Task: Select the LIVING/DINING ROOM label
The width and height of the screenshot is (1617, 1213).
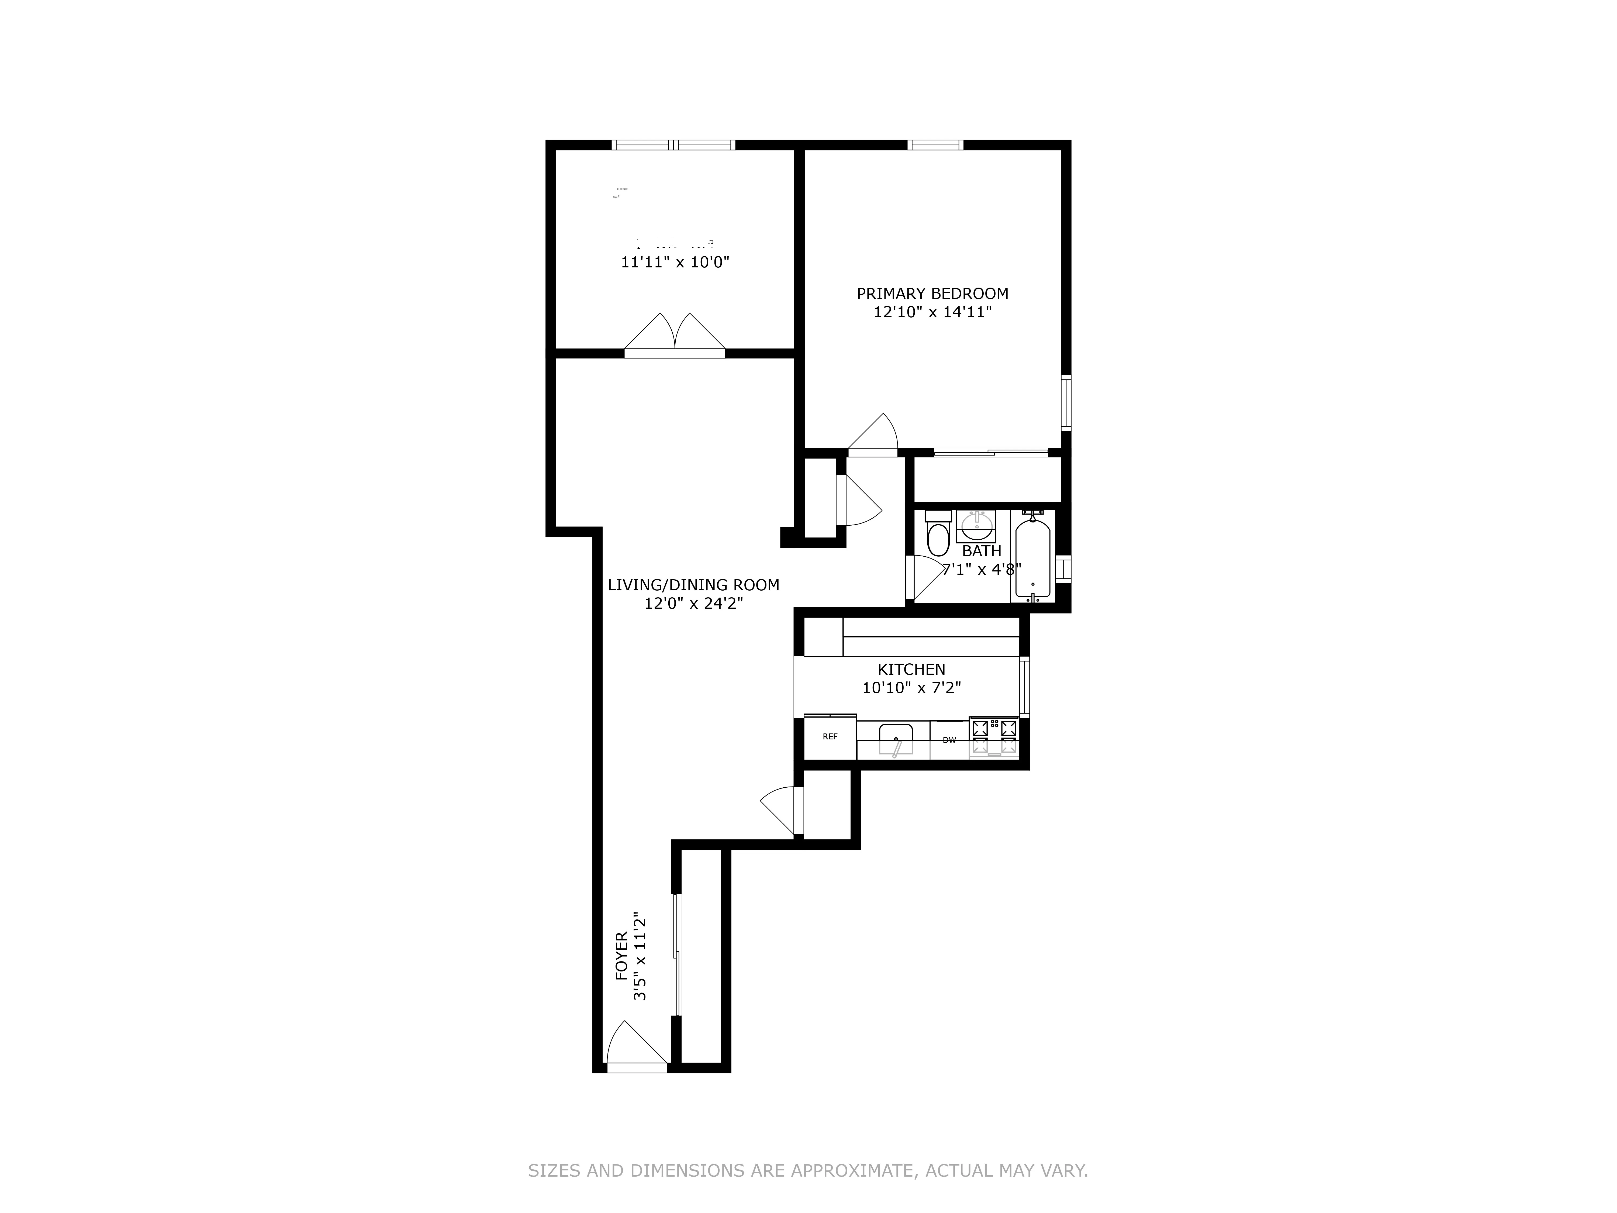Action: coord(693,585)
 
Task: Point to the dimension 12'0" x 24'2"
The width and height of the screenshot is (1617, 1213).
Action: coord(693,604)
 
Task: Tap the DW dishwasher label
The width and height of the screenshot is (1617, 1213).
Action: coord(949,740)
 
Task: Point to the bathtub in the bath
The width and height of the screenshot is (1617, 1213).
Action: coord(1032,557)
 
